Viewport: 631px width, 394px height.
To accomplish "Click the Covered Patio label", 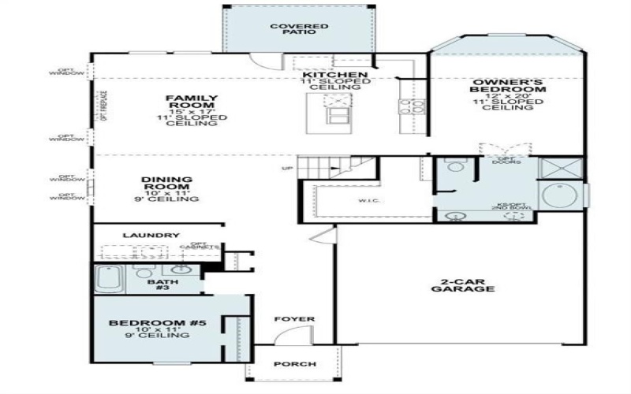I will pos(299,30).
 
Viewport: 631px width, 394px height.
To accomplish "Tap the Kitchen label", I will pos(330,75).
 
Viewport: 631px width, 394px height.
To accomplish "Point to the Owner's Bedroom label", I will pos(507,87).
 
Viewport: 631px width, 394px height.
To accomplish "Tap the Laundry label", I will pos(151,236).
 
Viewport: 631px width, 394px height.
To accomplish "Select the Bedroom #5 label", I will pos(149,324).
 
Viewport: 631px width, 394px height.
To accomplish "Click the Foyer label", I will pos(294,319).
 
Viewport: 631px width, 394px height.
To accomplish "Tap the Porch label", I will pos(294,364).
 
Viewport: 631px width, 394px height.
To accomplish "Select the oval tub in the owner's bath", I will pos(561,195).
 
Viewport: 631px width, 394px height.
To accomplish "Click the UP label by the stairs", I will pos(287,169).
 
